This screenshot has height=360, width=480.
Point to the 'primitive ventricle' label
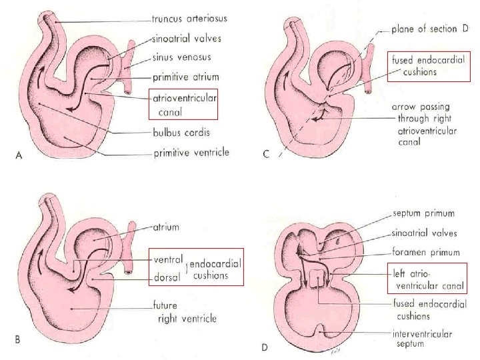tap(191, 153)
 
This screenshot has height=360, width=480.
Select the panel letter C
tap(266, 155)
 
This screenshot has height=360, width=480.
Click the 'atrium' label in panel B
tap(166, 227)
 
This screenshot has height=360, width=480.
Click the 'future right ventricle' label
tap(187, 313)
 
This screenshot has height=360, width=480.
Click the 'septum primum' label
tap(423, 213)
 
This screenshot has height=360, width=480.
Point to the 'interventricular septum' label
tap(422, 339)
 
